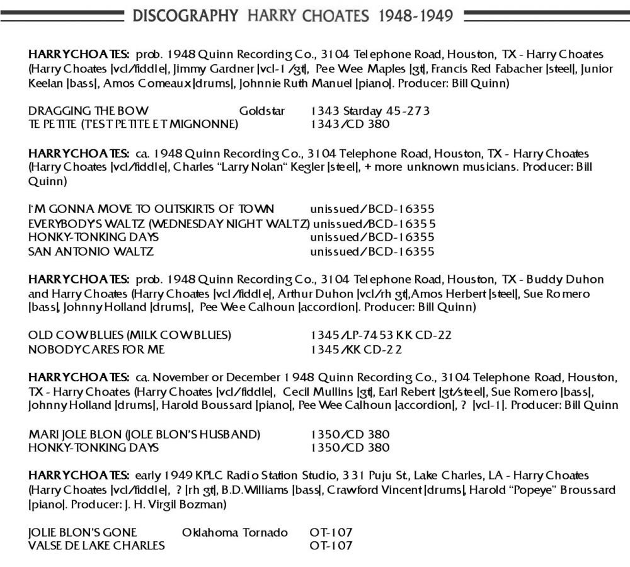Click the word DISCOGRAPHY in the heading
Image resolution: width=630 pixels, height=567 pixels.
click(x=185, y=15)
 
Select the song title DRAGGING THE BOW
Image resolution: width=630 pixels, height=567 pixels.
click(x=89, y=111)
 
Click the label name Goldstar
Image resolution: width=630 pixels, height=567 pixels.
click(x=262, y=111)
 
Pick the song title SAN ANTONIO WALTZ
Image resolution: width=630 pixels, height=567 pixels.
click(x=91, y=251)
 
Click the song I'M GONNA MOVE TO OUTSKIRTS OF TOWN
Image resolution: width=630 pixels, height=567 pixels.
click(x=152, y=209)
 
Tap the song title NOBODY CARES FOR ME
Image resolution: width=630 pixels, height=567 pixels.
click(x=97, y=349)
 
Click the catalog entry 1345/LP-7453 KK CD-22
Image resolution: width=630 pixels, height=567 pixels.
click(x=381, y=335)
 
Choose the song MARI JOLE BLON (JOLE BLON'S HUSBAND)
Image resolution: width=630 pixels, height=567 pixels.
click(x=144, y=434)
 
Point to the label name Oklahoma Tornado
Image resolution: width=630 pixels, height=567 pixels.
click(x=235, y=532)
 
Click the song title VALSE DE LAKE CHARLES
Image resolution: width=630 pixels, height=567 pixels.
click(x=97, y=546)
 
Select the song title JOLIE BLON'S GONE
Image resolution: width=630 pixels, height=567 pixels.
click(x=83, y=532)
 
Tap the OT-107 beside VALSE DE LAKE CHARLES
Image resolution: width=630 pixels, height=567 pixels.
click(x=331, y=546)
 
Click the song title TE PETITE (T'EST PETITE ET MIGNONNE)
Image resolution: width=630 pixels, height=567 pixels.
click(x=134, y=124)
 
